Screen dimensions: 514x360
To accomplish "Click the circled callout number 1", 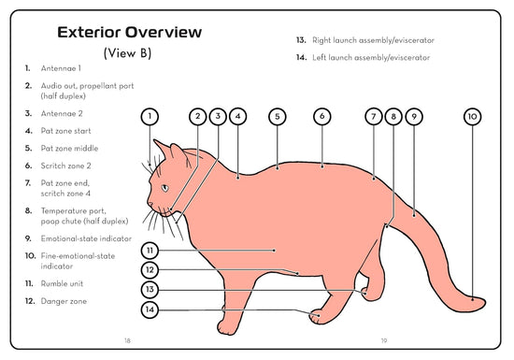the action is coord(150,116).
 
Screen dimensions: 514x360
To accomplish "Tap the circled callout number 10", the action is coord(472,116).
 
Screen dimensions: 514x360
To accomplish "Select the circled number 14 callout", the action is coord(150,310).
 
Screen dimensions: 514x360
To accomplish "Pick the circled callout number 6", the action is coord(321,116).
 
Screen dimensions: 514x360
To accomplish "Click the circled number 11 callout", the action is coord(150,251).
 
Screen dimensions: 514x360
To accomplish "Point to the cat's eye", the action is coord(164,188).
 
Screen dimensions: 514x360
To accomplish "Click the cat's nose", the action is coord(150,204).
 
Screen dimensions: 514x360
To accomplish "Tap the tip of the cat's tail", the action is coord(484,302).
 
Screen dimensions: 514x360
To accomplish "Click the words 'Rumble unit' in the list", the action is coord(62,283).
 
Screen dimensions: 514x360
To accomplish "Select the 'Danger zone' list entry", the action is coord(64,301).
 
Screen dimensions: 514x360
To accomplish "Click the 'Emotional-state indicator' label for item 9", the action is coord(86,238).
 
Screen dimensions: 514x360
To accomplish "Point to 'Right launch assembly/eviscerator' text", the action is coord(373,40).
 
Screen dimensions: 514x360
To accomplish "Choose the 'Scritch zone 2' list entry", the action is coord(65,166).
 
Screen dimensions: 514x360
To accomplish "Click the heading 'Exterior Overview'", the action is coord(130,32).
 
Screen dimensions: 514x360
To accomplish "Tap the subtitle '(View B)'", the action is coord(127,52).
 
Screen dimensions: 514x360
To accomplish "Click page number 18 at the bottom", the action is coord(127,340).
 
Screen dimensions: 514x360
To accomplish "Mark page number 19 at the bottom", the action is coord(384,340).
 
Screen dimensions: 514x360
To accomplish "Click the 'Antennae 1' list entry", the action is coord(61,68).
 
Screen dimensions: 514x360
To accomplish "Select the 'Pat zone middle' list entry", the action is coord(69,148).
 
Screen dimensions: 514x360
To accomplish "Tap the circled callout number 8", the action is coord(393,116).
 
